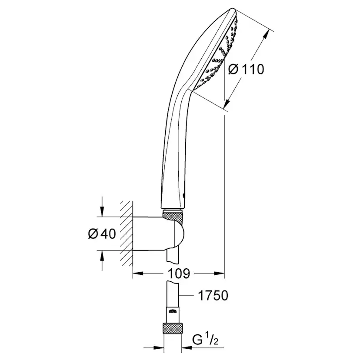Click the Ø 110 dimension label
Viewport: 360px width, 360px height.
[x=246, y=69]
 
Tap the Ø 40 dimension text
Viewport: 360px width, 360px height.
[x=102, y=233]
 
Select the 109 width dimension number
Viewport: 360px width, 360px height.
[x=178, y=274]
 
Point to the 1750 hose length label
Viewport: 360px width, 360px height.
[x=213, y=296]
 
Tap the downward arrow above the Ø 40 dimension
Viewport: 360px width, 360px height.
[x=102, y=212]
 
